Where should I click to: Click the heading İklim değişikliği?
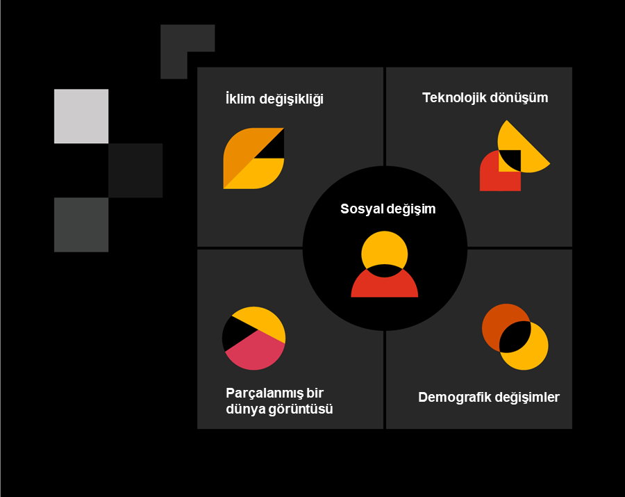coord(275,99)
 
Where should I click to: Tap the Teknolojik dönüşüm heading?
coord(485,97)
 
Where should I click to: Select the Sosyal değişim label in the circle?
coord(387,209)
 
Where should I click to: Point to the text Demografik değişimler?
coord(488,398)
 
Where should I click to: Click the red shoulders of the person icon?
coord(384,286)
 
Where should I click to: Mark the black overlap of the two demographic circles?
coord(515,337)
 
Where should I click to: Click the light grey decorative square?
coord(81,116)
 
